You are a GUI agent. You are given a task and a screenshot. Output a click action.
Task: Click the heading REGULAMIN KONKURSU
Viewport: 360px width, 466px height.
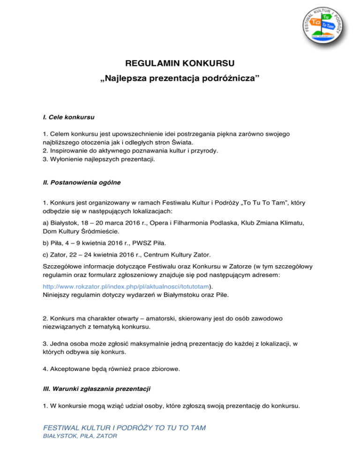coord(180,63)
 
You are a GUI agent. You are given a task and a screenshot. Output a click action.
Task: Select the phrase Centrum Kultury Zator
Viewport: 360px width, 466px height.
coord(176,255)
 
